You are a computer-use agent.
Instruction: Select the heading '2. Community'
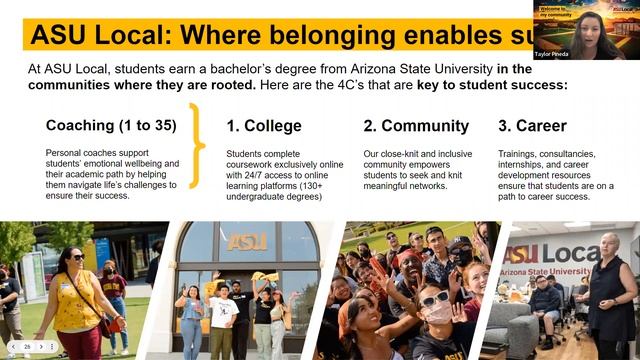click(x=416, y=126)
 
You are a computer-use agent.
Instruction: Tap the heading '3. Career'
click(x=532, y=126)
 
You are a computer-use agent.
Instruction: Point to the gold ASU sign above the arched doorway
click(x=247, y=241)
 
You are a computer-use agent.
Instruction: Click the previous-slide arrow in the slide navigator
click(x=15, y=346)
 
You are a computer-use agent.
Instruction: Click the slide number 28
click(x=28, y=346)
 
